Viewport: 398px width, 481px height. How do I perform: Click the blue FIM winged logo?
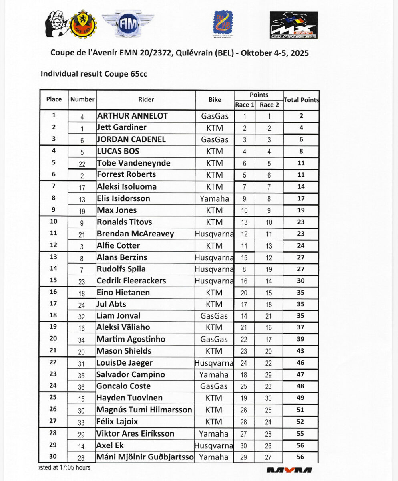tap(127, 24)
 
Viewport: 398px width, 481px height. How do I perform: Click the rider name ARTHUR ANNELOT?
tap(132, 116)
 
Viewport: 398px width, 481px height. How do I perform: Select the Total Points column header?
tap(301, 100)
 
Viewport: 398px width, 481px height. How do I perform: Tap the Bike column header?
tap(215, 100)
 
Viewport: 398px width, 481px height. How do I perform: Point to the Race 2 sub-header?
tap(269, 105)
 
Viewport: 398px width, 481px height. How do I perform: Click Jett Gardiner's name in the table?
tap(122, 128)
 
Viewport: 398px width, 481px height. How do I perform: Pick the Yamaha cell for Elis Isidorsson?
tap(215, 198)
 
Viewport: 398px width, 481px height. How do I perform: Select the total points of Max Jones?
tap(301, 210)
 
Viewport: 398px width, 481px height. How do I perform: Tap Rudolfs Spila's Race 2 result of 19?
tap(269, 269)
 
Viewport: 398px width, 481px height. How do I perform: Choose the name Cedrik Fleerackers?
tap(131, 281)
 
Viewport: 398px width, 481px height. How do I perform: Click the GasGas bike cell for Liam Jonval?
tap(215, 316)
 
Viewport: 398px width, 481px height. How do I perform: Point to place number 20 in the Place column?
tap(53, 339)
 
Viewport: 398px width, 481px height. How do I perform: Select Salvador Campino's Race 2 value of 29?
tap(269, 375)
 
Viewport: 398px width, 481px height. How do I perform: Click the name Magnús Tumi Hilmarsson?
tap(144, 410)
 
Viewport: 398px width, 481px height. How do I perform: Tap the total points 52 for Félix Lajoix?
tap(301, 422)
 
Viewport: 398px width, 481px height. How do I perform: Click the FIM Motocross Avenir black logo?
tap(293, 25)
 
